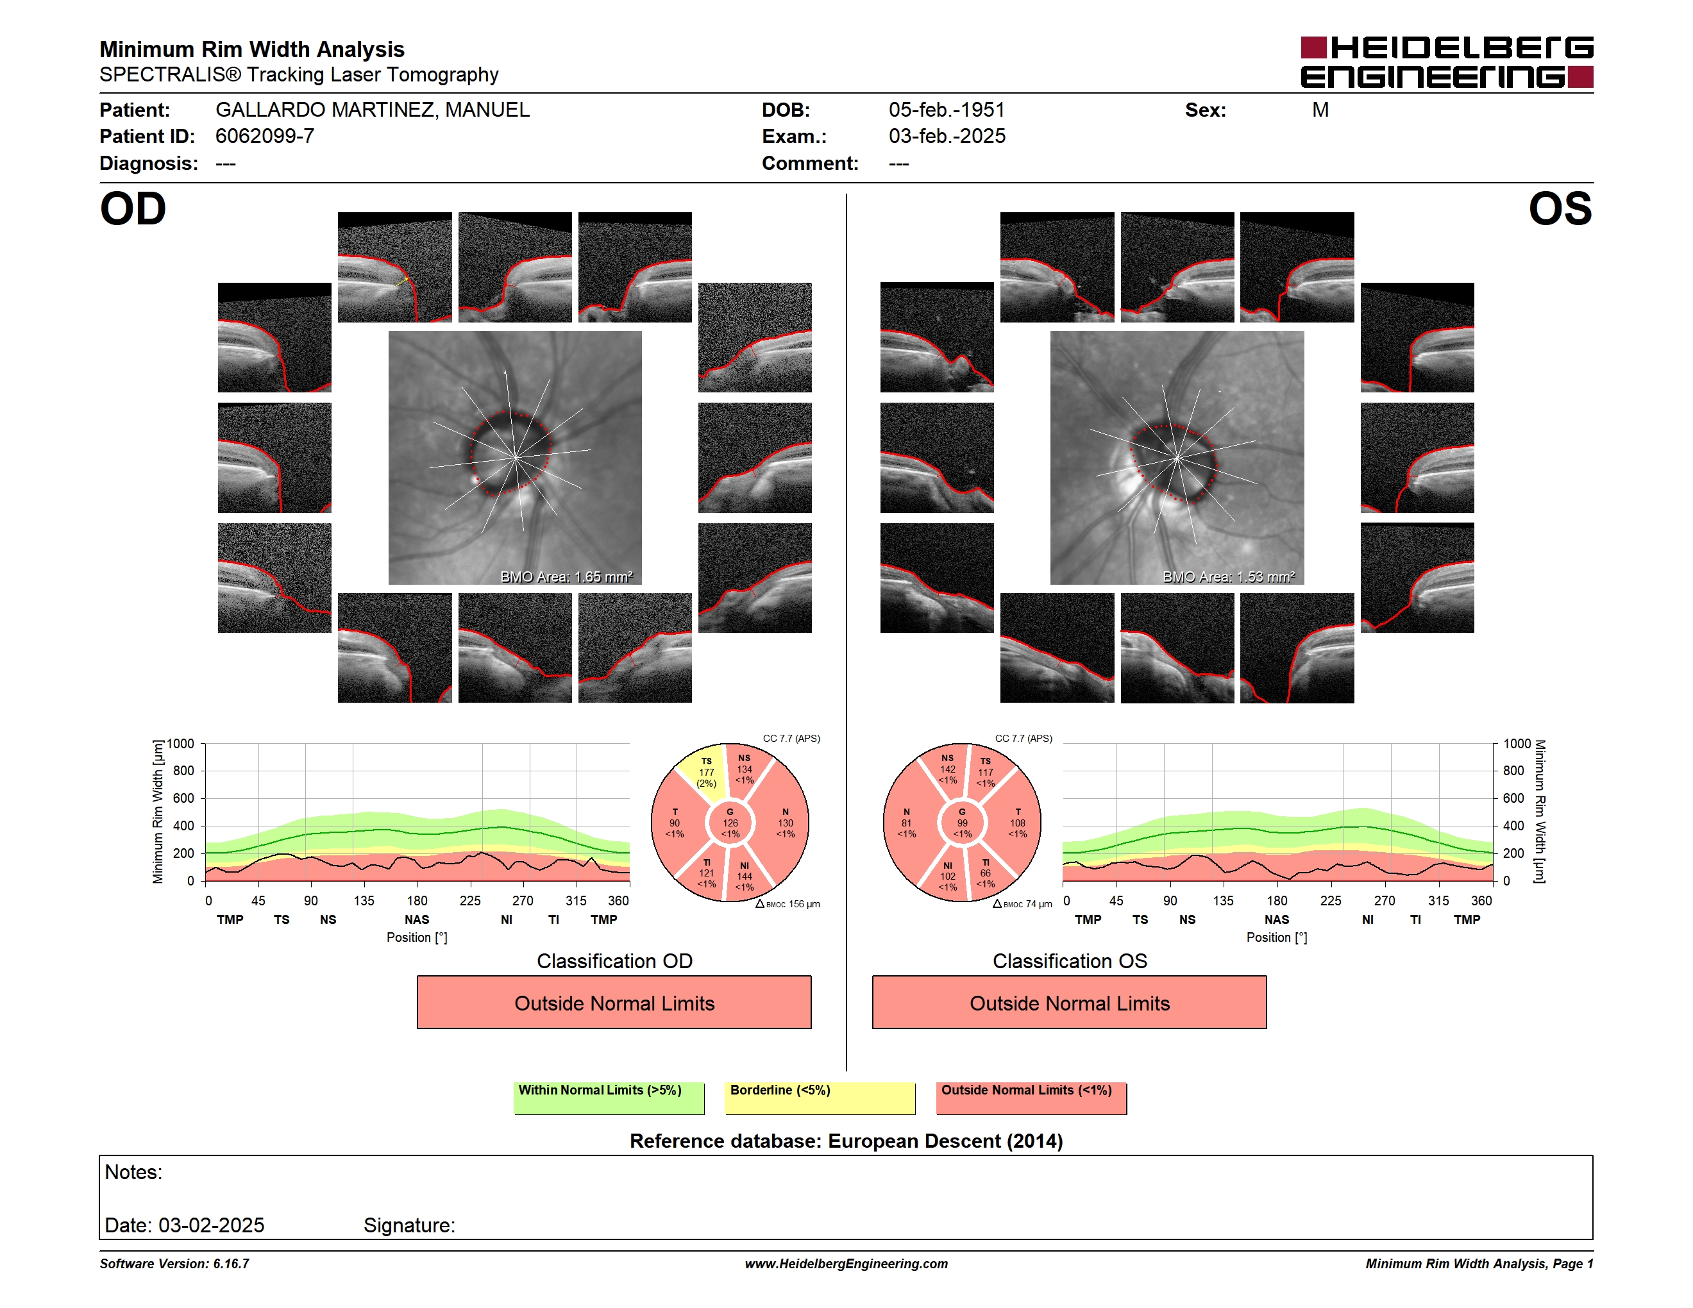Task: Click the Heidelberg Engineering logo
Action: point(1447,62)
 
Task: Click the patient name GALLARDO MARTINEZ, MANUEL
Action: point(372,110)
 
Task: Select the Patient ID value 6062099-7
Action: point(264,137)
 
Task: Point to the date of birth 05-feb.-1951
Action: point(947,110)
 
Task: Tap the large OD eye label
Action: point(133,208)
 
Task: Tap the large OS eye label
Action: point(1560,208)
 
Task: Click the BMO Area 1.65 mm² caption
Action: point(566,576)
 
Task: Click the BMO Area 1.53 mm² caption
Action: point(1229,576)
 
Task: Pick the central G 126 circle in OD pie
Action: point(729,823)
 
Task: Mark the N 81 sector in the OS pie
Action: point(907,823)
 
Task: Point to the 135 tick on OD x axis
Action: point(364,900)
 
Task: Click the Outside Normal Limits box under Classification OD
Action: point(614,1003)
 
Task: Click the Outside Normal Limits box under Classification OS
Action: point(1069,1003)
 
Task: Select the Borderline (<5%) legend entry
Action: point(820,1098)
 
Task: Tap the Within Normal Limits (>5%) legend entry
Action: point(609,1098)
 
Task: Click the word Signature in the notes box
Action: point(408,1225)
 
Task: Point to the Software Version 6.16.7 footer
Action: point(174,1264)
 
